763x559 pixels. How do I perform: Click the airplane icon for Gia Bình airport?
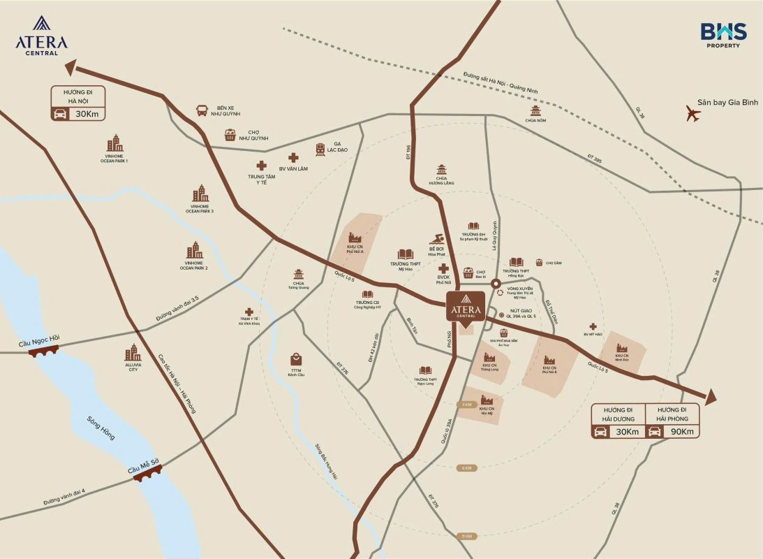coord(692,113)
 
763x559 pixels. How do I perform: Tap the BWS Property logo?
coord(723,35)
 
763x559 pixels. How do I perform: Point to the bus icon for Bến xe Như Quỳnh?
coord(202,110)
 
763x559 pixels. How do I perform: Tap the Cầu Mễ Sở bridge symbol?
coord(147,473)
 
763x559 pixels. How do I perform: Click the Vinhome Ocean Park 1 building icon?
coord(114,144)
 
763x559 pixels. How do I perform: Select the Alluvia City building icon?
coord(133,353)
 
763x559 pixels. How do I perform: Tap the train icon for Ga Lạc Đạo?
coord(320,148)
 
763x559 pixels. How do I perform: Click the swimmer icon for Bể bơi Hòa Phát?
coord(436,239)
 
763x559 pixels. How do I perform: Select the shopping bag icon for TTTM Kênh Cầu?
coord(297,358)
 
